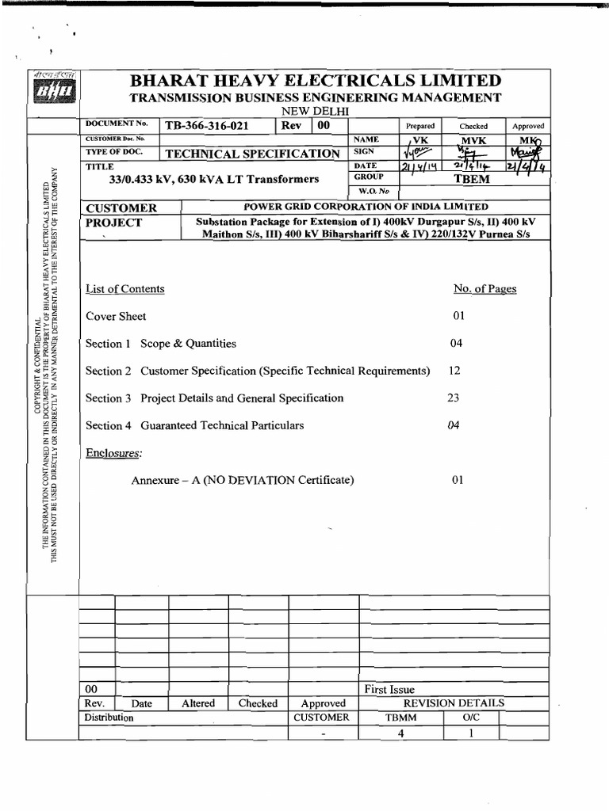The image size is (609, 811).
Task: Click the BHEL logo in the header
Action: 53,92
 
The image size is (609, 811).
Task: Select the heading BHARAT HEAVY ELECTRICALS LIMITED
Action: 316,81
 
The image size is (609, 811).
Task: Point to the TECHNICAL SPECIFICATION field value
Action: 251,153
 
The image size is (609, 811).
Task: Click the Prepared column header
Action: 420,126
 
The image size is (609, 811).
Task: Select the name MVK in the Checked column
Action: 473,139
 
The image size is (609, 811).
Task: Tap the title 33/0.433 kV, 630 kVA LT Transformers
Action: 214,180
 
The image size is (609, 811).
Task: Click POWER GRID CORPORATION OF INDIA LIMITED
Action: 366,207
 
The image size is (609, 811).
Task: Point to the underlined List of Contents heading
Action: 125,289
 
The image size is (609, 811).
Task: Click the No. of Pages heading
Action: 485,289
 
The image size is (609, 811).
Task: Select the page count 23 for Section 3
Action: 454,398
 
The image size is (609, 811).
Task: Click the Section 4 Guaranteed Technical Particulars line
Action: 195,426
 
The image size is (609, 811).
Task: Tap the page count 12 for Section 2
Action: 454,371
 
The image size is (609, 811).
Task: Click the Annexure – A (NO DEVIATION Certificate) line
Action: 242,480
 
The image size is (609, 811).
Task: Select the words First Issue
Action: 389,690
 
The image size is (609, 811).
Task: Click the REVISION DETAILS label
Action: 454,703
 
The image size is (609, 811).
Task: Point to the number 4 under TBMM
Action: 401,733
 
